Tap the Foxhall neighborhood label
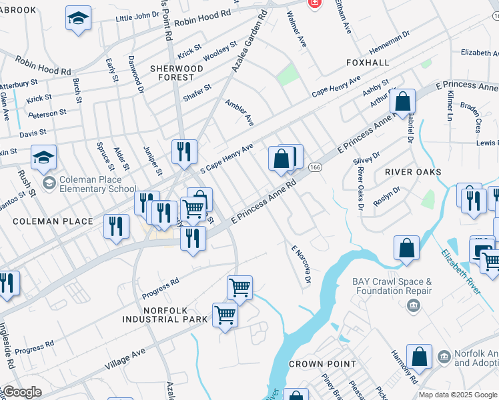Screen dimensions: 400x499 coord(367,62)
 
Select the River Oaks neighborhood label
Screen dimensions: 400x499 coord(413,172)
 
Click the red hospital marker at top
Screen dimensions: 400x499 coord(314,3)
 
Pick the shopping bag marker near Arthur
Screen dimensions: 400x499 coord(402,102)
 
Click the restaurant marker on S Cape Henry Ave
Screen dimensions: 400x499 coord(183,151)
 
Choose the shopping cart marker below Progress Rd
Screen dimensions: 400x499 coord(239,288)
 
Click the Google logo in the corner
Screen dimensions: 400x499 coord(21,392)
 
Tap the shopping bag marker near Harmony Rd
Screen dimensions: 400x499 coord(420,357)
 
